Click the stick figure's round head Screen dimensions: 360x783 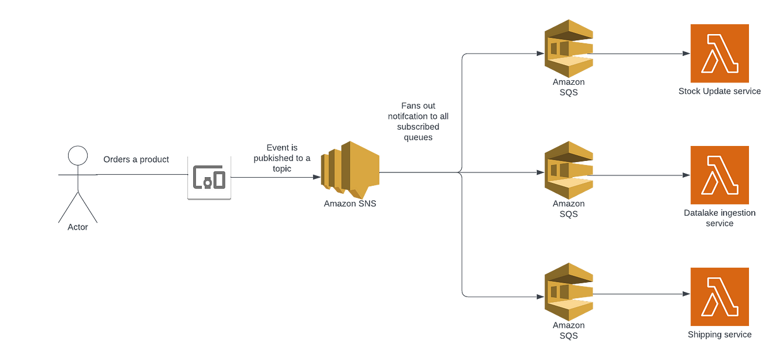[77, 156]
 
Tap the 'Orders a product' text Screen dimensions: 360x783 [136, 160]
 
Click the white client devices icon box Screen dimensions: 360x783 [209, 176]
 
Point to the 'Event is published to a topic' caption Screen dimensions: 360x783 [282, 157]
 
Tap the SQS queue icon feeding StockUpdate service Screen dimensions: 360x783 [568, 48]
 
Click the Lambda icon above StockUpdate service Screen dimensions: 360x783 [720, 53]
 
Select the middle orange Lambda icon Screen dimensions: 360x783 [720, 174]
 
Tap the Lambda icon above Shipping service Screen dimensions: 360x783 [720, 296]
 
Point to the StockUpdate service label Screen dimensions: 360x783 [720, 91]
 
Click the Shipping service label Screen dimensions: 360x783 [720, 334]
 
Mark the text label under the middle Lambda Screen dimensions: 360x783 [720, 217]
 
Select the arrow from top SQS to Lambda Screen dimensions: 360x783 [640, 54]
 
